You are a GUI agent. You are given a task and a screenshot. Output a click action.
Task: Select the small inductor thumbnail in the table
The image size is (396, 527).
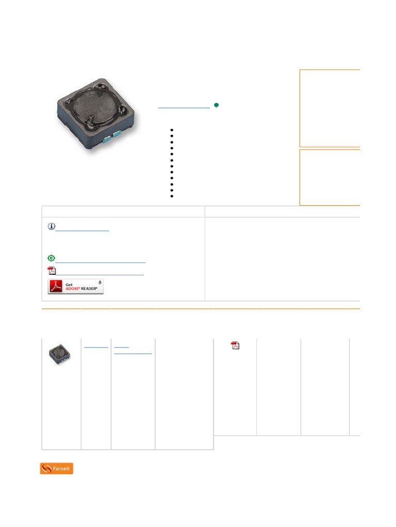[x=60, y=354]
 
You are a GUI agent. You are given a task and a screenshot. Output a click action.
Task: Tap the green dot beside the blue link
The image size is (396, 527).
[x=217, y=105]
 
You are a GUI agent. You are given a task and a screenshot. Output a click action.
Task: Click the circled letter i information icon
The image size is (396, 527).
[x=52, y=226]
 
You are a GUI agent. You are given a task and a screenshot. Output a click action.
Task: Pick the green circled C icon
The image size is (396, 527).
[x=51, y=258]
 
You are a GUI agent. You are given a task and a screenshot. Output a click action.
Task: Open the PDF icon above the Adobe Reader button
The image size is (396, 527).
[x=52, y=271]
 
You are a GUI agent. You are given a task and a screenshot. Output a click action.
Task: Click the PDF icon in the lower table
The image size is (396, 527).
[x=235, y=345]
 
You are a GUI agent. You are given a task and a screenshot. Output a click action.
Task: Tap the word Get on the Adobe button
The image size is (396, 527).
[x=69, y=285]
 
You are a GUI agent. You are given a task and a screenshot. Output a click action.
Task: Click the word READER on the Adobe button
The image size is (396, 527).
[x=89, y=289]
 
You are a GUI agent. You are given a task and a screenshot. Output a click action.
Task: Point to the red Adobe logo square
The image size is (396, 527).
[x=56, y=286]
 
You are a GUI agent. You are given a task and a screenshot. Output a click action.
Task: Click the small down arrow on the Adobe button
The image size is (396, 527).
[x=100, y=283]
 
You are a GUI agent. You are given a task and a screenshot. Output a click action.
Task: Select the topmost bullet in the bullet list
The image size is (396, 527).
[x=172, y=130]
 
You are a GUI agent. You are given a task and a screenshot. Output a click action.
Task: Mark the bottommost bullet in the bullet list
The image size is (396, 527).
[x=172, y=196]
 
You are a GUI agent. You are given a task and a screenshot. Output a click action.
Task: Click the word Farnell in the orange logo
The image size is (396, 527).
[x=61, y=468]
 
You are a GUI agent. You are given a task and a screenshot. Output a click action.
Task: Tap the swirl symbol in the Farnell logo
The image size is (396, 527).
[x=47, y=468]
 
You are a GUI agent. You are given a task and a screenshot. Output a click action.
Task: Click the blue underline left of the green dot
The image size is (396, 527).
[x=184, y=108]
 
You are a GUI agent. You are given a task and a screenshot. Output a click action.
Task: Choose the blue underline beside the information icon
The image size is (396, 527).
[x=82, y=231]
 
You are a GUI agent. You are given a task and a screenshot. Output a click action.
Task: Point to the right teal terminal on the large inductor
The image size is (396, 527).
[x=118, y=134]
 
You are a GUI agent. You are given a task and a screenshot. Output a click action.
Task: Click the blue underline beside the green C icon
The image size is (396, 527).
[x=101, y=262]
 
